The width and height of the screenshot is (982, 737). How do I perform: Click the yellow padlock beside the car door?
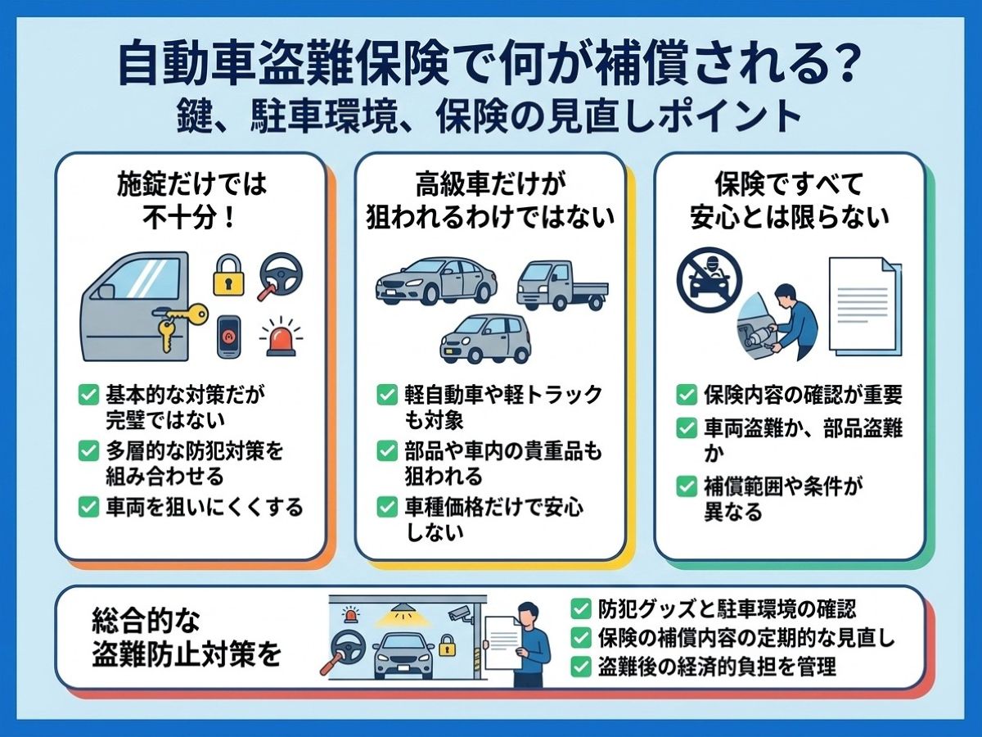[x=228, y=275]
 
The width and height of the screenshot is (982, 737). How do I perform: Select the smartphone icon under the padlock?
[x=228, y=337]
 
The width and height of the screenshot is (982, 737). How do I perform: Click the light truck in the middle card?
[x=562, y=285]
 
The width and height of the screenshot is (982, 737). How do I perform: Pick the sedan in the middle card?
[x=435, y=281]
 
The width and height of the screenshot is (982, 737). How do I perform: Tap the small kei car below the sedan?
[x=485, y=339]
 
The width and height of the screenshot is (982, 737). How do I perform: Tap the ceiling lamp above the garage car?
[x=401, y=610]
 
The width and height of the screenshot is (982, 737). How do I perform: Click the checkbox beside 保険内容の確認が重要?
[x=687, y=396]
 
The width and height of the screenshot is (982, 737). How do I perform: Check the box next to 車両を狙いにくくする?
[x=88, y=507]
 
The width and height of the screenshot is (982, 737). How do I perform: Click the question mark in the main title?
[x=845, y=66]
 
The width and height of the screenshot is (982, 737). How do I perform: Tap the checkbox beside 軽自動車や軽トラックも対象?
[x=387, y=396]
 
